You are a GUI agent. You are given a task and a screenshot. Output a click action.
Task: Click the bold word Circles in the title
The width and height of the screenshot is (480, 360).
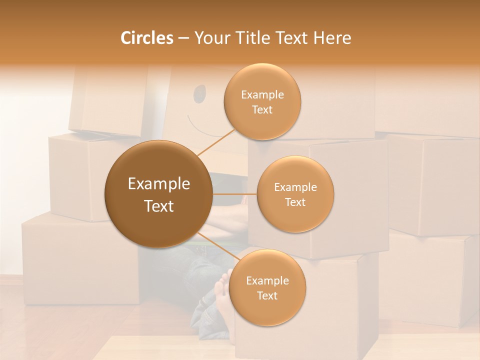coord(146,38)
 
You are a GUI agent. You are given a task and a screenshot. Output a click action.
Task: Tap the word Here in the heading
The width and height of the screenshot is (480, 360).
coord(332,38)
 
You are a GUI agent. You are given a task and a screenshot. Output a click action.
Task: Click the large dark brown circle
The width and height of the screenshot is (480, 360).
coord(158,194)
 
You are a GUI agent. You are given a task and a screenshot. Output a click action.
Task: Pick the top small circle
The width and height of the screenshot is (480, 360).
coord(262,101)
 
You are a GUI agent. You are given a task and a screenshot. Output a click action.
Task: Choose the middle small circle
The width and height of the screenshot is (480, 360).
coord(295,194)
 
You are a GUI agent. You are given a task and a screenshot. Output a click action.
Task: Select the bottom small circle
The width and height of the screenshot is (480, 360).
coord(267,287)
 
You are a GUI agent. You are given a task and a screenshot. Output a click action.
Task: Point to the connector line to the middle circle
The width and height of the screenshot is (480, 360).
coord(234,194)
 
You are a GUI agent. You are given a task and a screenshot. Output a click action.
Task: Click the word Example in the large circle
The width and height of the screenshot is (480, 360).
coord(158,184)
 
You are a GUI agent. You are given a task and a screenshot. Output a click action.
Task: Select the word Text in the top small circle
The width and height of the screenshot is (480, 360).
coord(262,109)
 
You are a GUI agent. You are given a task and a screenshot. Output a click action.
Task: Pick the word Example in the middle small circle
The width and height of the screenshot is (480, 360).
coord(295,187)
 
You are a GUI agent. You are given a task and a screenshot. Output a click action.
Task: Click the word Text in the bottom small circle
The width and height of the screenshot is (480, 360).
coord(267,295)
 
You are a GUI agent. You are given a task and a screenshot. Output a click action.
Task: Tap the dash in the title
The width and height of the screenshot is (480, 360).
coord(183,38)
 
